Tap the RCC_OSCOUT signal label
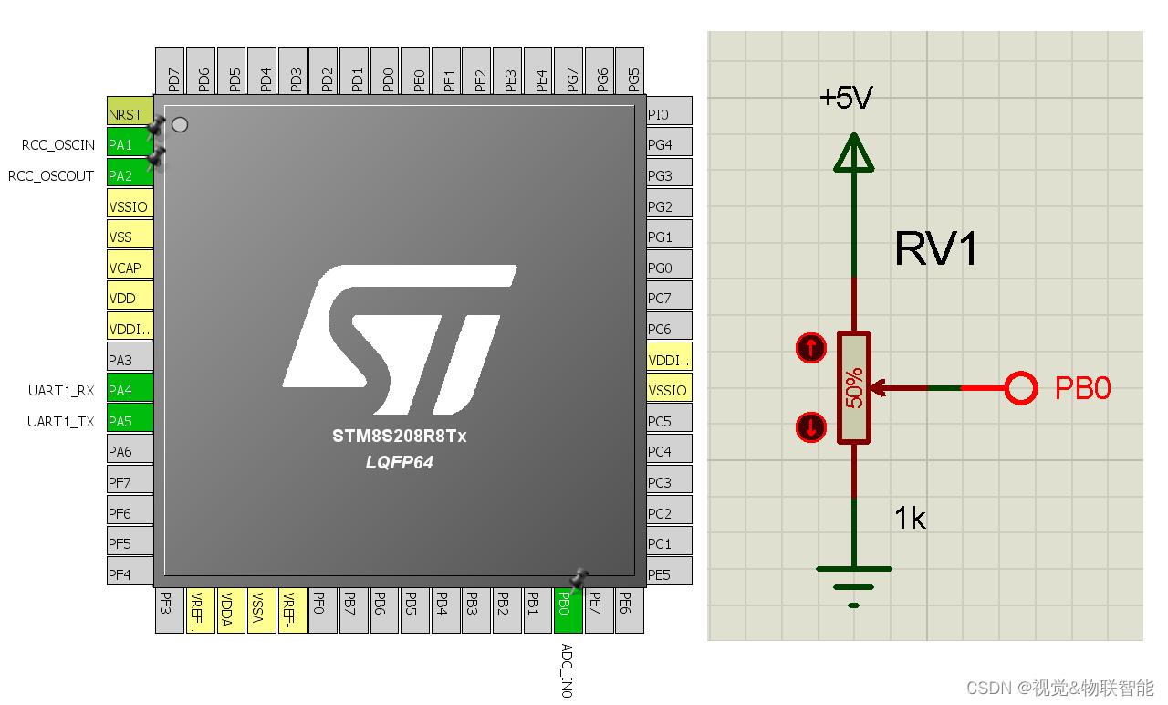(x=51, y=176)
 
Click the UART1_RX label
(x=61, y=391)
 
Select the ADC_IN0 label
(x=567, y=670)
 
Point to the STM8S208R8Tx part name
(x=399, y=437)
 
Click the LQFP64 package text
(x=399, y=463)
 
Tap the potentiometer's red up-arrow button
(x=810, y=348)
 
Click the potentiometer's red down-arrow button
(x=810, y=427)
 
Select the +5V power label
(x=846, y=98)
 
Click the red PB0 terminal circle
(x=1021, y=388)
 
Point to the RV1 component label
(x=936, y=248)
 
